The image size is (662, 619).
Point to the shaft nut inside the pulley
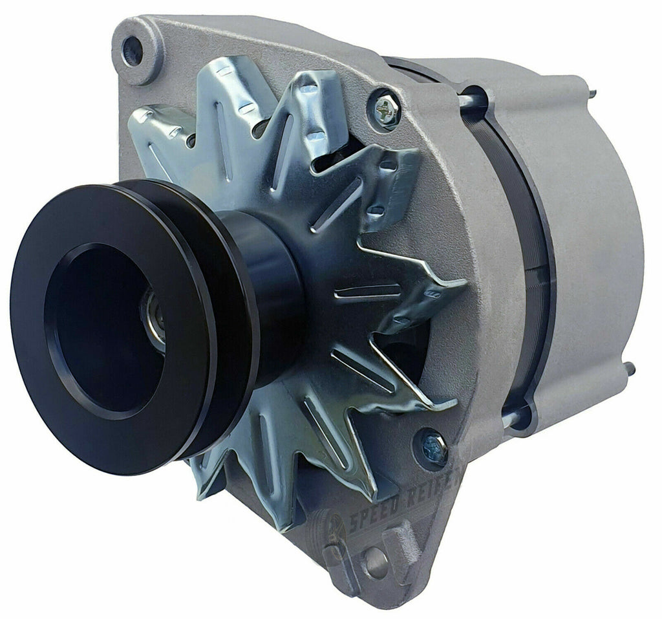click(153, 320)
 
